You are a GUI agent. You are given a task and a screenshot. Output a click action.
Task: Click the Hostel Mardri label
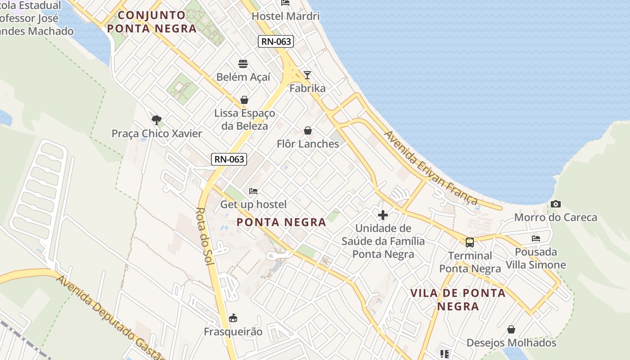[x=285, y=16]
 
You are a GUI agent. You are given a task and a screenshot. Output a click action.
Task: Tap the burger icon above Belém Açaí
[x=243, y=63]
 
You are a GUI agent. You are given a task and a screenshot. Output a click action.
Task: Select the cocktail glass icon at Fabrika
[x=307, y=75]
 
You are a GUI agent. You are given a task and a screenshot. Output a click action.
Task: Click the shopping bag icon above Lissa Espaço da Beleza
[x=244, y=99]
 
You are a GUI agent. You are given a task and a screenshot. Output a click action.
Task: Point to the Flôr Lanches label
[x=308, y=144]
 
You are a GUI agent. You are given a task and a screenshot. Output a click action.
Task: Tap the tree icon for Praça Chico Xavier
[x=157, y=120]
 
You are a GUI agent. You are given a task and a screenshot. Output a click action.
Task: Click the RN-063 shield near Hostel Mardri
[x=276, y=42]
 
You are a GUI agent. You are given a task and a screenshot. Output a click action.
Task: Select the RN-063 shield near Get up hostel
[x=229, y=159]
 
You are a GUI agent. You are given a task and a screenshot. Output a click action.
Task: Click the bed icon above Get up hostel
[x=253, y=191]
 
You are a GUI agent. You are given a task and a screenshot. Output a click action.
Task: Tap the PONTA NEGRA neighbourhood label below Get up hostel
[x=281, y=222]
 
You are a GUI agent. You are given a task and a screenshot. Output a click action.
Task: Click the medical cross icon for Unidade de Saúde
[x=383, y=215]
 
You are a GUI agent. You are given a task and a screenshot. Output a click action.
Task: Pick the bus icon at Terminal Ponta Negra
[x=470, y=243]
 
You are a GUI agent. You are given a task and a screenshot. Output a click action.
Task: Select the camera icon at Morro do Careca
[x=556, y=204]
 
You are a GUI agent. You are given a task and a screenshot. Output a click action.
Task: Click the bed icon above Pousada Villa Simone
[x=535, y=238]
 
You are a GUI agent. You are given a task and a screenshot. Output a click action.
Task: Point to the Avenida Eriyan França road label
[x=430, y=167]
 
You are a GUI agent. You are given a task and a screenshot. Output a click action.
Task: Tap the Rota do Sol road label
[x=205, y=236]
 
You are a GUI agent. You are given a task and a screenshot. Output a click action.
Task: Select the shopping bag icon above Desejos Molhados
[x=511, y=330]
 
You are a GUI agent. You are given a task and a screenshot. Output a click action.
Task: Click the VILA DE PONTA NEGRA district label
[x=458, y=300]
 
